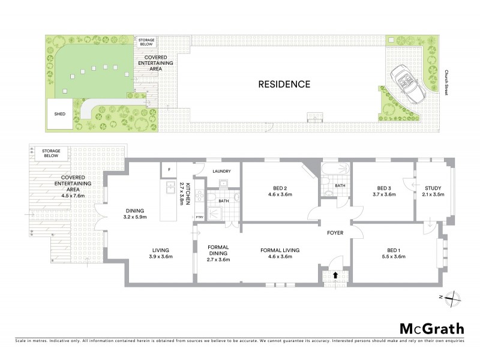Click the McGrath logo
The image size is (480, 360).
432,328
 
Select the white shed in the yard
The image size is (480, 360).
59,114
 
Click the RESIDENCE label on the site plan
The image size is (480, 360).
284,84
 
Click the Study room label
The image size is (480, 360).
433,188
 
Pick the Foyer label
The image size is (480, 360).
334,232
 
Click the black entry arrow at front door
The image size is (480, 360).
335,274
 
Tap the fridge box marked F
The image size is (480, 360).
170,170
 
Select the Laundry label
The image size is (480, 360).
221,171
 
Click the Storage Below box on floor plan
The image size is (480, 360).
46,153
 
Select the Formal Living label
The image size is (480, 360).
280,250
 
